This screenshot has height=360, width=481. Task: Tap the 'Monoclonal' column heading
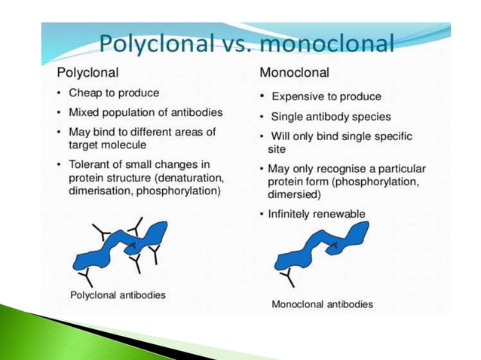coord(291,74)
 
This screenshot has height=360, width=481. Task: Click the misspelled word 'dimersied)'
coord(294,194)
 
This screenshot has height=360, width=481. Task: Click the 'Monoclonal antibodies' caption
coord(322,304)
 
